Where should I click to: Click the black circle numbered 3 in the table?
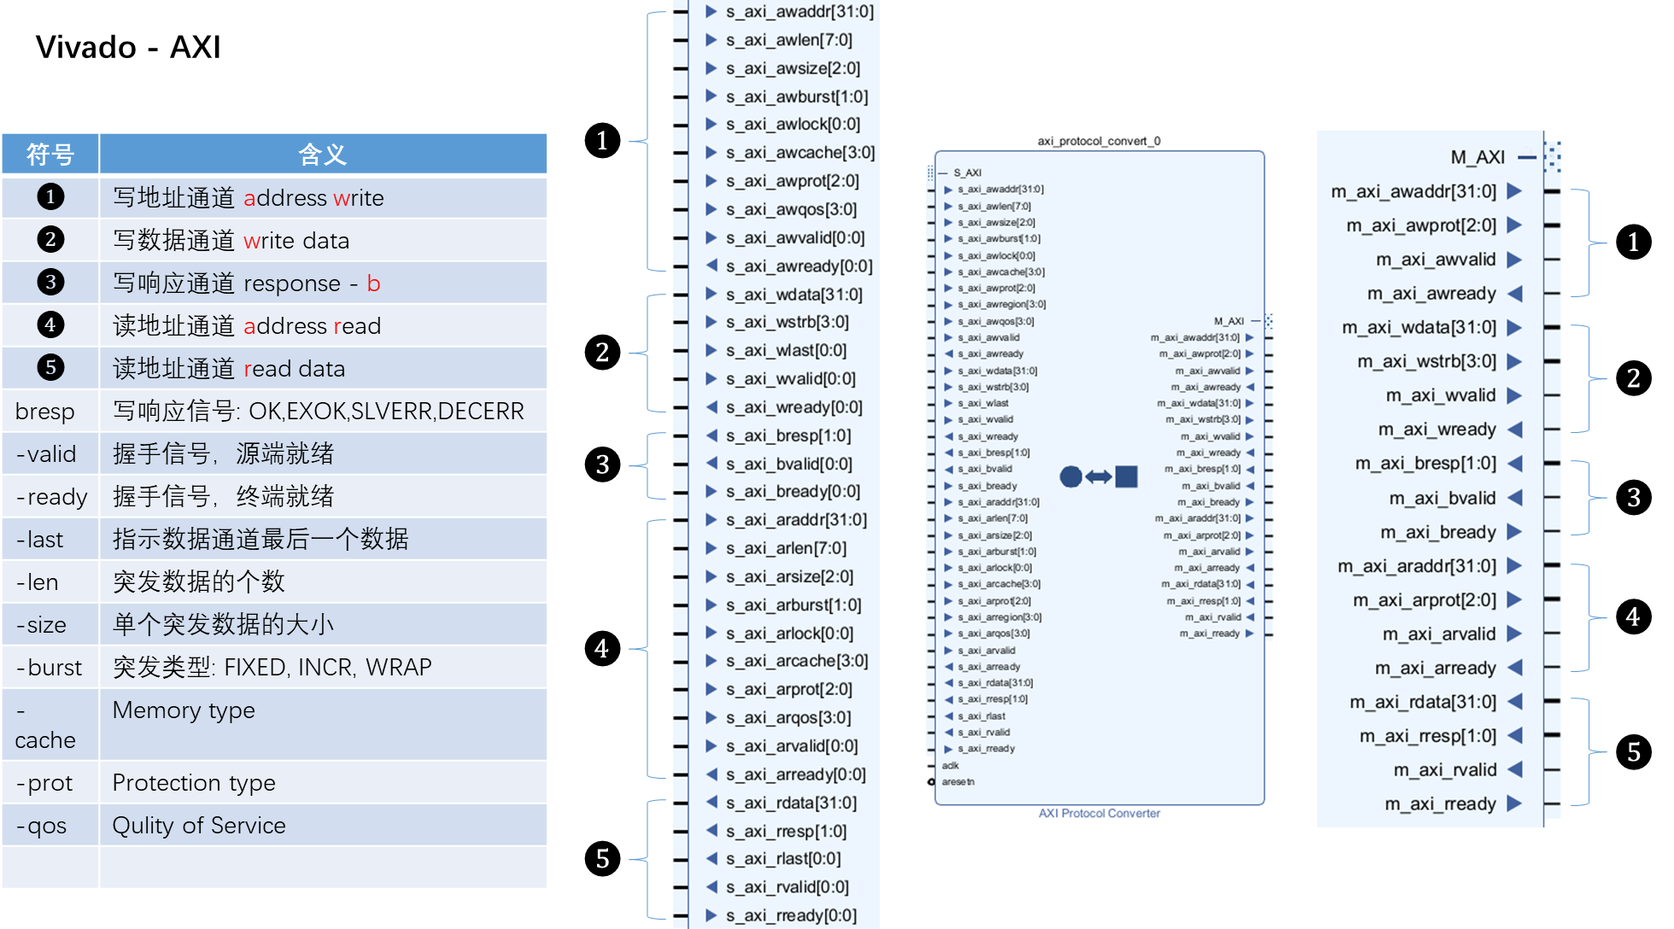click(50, 283)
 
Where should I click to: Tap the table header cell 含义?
click(322, 155)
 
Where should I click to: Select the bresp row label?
click(45, 412)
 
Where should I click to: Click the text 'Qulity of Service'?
click(199, 826)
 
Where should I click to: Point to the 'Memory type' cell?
click(184, 710)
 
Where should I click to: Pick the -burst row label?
click(50, 668)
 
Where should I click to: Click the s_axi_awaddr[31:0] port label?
click(799, 12)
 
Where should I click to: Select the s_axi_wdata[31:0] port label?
click(793, 295)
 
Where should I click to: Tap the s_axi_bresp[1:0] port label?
click(787, 435)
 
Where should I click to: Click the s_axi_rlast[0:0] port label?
click(783, 859)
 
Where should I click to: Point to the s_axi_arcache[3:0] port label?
click(796, 661)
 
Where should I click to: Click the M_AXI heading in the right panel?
click(1478, 157)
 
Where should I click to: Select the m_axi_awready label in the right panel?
click(1431, 294)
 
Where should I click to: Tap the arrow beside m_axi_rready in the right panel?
click(1514, 803)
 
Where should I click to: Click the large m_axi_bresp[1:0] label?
click(1425, 464)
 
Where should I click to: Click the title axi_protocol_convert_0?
click(1098, 141)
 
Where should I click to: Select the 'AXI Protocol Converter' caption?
click(1099, 813)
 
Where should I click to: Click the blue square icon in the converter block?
click(1127, 476)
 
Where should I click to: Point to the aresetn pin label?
click(958, 781)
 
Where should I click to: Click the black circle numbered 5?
click(50, 368)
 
